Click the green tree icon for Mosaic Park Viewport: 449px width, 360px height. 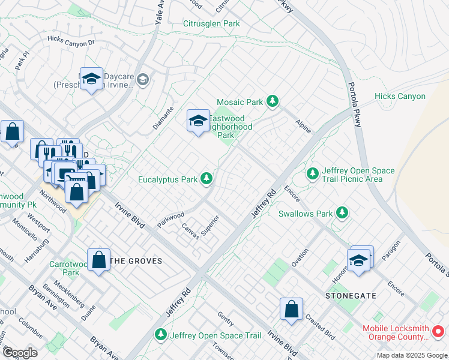pos(273,101)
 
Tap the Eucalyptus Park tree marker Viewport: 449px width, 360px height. pos(206,178)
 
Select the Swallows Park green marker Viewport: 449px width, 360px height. pos(342,212)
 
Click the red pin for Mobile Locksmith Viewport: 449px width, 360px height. pos(438,331)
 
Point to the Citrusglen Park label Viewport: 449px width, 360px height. pos(211,23)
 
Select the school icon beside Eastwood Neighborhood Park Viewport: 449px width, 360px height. pos(198,122)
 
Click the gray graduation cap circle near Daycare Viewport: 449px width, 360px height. pos(143,79)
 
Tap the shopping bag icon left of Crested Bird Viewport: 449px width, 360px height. pos(291,310)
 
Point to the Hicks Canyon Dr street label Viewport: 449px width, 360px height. pos(71,43)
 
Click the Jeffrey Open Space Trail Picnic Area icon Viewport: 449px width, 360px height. pos(312,174)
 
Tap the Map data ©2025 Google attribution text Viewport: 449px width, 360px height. pos(411,355)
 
